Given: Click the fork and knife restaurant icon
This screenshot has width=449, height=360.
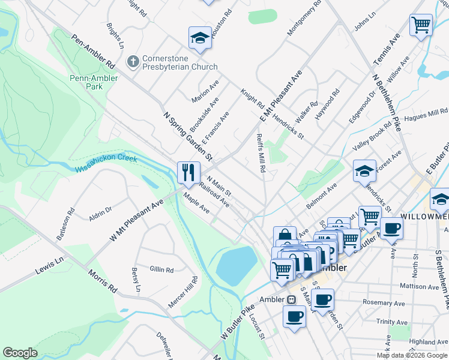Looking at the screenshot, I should [x=188, y=173].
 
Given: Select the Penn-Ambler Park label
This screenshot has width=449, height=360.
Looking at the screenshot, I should [x=94, y=82].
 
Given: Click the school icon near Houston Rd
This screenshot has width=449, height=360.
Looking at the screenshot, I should [x=199, y=38].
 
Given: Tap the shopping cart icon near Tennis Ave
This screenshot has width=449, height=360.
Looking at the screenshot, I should [x=421, y=26].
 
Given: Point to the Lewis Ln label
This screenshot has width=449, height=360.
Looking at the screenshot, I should [x=49, y=266].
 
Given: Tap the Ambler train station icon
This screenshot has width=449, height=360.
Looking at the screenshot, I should [x=291, y=299].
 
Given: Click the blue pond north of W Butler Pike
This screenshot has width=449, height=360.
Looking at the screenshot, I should [x=236, y=266].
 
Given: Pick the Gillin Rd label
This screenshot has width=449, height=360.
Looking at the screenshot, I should [x=162, y=270].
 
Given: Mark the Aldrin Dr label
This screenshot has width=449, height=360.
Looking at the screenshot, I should [x=100, y=214].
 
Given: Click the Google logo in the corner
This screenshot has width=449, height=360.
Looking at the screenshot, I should [x=20, y=353].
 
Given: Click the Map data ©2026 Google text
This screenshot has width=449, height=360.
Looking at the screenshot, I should [x=412, y=355].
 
